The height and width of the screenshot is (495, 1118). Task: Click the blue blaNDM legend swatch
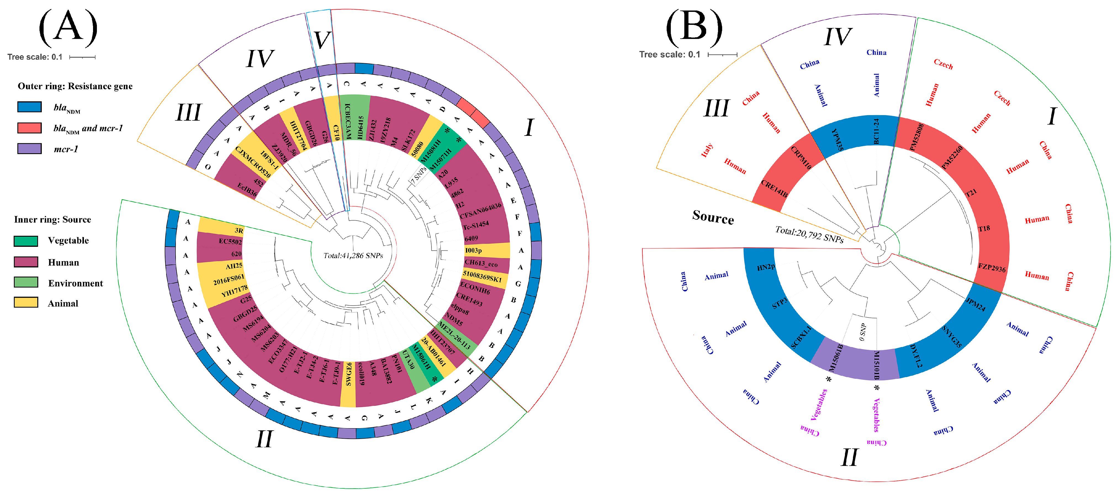[30, 107]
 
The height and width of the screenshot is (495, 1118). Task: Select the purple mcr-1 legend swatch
[30, 149]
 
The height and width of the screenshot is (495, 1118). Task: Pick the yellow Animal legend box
[26, 302]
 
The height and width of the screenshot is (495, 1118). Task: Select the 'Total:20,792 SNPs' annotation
[809, 234]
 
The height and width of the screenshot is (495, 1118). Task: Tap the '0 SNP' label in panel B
[862, 332]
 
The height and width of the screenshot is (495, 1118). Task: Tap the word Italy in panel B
[707, 150]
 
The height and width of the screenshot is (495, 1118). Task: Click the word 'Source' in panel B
[713, 217]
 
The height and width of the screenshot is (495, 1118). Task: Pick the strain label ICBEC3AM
[347, 121]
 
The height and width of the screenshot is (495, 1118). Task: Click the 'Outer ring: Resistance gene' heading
[75, 86]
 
